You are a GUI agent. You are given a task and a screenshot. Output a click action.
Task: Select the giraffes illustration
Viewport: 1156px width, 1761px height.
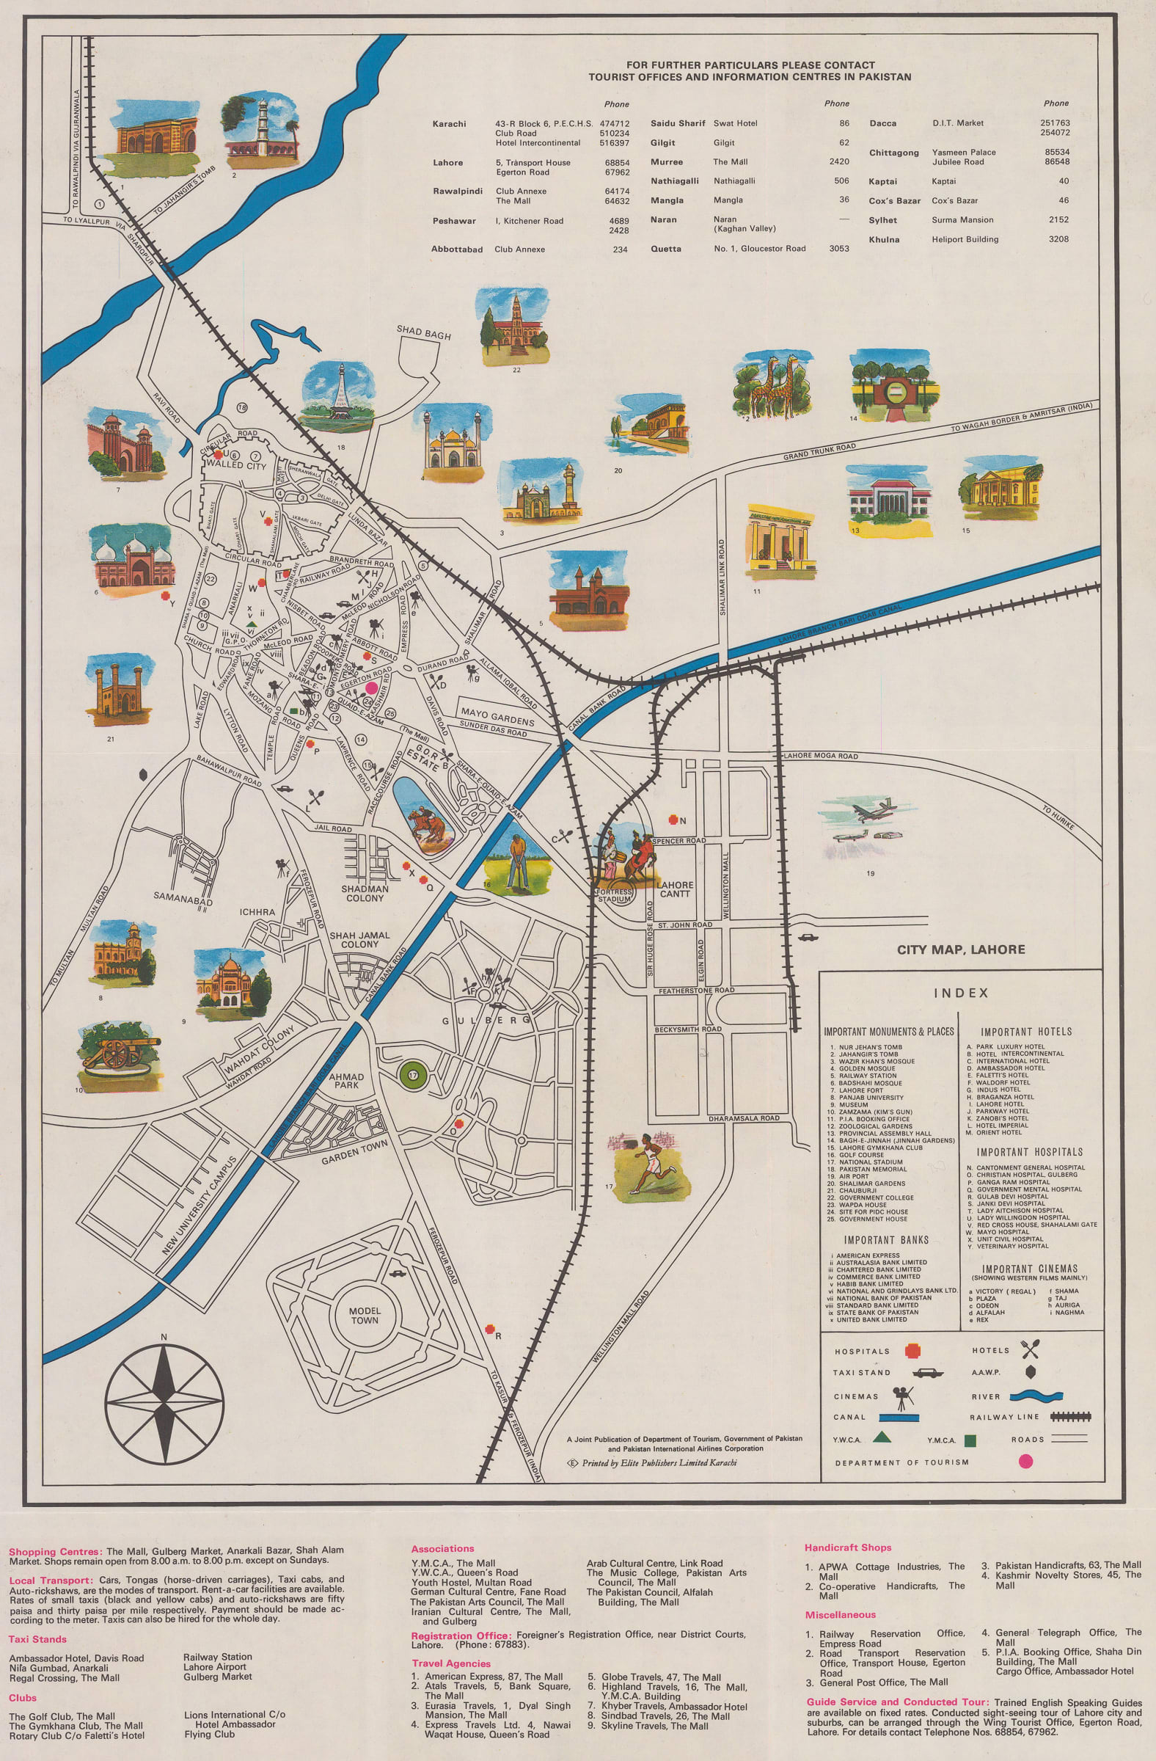(x=772, y=387)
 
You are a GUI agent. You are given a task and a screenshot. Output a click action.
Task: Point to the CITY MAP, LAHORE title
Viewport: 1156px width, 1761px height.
(x=961, y=949)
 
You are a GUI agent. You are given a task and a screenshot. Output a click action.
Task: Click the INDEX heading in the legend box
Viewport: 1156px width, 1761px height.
(x=961, y=993)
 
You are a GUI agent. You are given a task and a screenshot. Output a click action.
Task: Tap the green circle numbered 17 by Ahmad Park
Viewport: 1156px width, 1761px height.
(x=413, y=1074)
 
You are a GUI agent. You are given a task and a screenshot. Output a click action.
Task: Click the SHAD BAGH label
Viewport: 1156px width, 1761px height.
(x=423, y=333)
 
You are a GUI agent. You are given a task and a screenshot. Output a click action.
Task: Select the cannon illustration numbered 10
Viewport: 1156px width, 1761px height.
(x=118, y=1056)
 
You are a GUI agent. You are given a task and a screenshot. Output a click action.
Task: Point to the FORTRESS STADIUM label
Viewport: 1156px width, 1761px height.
(x=614, y=895)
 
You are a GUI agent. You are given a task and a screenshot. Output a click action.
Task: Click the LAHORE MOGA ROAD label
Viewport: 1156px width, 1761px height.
(x=820, y=756)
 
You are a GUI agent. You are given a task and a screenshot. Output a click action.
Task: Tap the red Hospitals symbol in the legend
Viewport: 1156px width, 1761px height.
(x=912, y=1351)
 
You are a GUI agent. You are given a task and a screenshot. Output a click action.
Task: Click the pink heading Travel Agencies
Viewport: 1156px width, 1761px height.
(x=450, y=1663)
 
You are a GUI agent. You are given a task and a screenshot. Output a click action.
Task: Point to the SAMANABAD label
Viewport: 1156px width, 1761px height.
(x=183, y=897)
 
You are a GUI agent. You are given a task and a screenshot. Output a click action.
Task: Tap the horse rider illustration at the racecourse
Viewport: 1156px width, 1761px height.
(x=427, y=819)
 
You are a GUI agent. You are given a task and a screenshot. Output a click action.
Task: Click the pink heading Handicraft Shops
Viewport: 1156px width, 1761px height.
(x=848, y=1547)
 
